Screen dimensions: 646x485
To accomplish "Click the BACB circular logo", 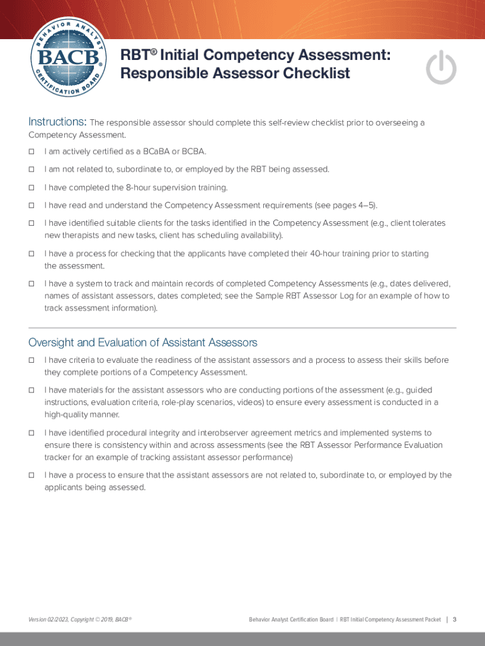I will tap(67, 61).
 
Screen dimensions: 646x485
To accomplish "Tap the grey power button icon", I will tap(441, 68).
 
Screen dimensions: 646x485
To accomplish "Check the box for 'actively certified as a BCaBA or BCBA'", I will tap(31, 151).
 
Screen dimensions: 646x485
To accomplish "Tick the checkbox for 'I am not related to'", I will tap(31, 169).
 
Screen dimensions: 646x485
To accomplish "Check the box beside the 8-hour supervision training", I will tap(31, 187).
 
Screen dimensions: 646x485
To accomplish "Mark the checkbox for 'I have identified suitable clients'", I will tap(31, 223).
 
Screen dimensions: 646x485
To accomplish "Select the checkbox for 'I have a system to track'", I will tap(31, 284).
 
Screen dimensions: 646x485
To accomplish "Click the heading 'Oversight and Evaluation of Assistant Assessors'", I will tap(143, 343).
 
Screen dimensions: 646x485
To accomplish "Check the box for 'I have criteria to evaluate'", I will tap(31, 360).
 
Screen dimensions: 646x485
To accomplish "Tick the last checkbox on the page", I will tap(31, 476).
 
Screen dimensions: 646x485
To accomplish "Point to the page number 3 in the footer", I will tap(454, 620).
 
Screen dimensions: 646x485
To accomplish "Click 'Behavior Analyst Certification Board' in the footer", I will tap(290, 620).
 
